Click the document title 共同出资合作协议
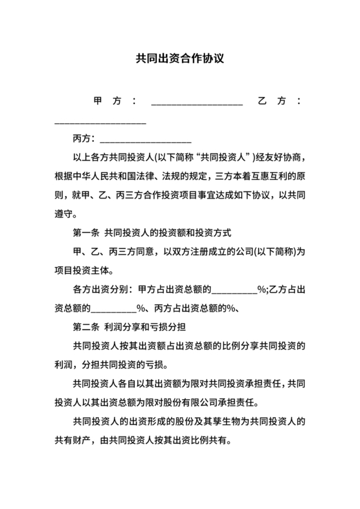[x=179, y=57]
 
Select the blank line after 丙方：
[x=146, y=139]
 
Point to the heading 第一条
[x=86, y=232]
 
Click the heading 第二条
[x=86, y=325]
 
